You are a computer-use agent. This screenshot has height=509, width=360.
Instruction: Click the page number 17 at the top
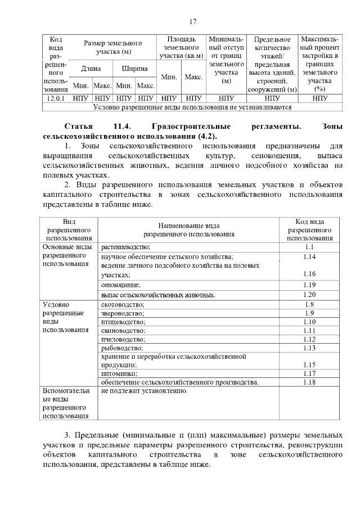pos(192,22)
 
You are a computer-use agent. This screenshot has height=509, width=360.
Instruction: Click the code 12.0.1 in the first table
pos(56,98)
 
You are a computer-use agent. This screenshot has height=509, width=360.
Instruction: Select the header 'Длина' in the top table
pos(91,69)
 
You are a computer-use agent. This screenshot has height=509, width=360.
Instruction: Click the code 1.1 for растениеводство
pos(309,247)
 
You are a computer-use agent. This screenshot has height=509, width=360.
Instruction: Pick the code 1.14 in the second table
pos(309,256)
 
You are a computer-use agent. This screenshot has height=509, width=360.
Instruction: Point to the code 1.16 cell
pos(309,274)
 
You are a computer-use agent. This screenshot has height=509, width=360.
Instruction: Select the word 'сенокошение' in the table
pos(121,285)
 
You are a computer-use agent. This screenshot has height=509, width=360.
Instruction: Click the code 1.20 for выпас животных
pos(309,294)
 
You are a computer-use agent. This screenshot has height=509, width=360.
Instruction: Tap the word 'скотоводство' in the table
pos(123,304)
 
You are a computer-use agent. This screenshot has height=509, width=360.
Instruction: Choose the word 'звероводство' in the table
pos(123,313)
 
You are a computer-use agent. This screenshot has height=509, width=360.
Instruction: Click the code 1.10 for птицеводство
pos(309,322)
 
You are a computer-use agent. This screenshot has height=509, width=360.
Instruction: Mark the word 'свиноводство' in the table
pos(123,331)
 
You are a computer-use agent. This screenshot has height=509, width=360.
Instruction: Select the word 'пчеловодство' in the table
pos(123,340)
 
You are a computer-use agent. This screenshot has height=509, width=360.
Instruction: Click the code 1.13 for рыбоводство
pos(309,348)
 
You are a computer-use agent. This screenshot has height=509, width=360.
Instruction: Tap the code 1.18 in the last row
pos(309,382)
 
